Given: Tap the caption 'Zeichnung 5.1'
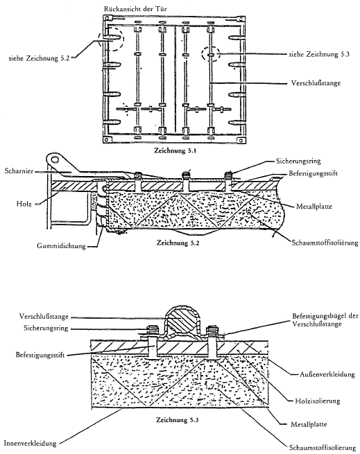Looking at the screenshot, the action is pyautogui.click(x=175, y=150).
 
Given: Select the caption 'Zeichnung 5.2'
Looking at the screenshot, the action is pyautogui.click(x=178, y=243).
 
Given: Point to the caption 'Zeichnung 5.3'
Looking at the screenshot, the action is pyautogui.click(x=178, y=420).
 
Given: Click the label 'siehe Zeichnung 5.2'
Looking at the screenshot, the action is pyautogui.click(x=39, y=58).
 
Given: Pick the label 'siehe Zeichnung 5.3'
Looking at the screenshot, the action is pyautogui.click(x=319, y=54).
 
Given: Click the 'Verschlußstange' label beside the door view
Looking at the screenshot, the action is pyautogui.click(x=316, y=83).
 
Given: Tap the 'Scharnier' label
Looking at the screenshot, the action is pyautogui.click(x=19, y=171).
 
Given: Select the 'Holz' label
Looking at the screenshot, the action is pyautogui.click(x=24, y=204).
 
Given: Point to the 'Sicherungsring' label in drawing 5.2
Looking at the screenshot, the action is pyautogui.click(x=298, y=161).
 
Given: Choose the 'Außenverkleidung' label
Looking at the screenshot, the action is pyautogui.click(x=327, y=374).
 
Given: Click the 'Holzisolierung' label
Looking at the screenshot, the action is pyautogui.click(x=318, y=401).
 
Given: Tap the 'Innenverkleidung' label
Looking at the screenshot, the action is pyautogui.click(x=30, y=444).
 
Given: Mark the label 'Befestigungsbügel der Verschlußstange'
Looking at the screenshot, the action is pyautogui.click(x=325, y=320).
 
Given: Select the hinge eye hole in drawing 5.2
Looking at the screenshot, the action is pyautogui.click(x=55, y=159).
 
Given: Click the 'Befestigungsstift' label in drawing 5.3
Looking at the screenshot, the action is pyautogui.click(x=40, y=354).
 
